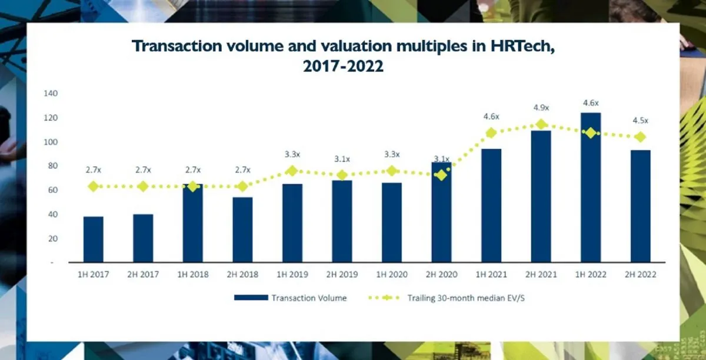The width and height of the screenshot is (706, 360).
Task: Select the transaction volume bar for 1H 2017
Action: (x=93, y=239)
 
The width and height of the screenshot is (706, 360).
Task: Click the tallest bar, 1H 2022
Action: (x=591, y=188)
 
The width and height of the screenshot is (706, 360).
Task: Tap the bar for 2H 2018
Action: (x=242, y=229)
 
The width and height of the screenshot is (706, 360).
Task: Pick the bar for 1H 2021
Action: (x=491, y=205)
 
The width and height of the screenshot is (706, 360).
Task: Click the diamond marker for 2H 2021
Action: (x=541, y=125)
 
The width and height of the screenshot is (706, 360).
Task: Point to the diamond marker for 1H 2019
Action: (x=292, y=171)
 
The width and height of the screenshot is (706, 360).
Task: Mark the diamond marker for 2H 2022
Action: (x=640, y=137)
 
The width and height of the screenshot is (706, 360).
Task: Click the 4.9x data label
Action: (x=541, y=108)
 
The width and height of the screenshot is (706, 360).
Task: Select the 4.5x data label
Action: (x=640, y=121)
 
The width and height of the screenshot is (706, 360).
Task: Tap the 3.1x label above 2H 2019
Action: (x=342, y=159)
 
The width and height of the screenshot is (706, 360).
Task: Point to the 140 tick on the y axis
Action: (x=51, y=94)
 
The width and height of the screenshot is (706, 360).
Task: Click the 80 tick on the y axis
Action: (x=53, y=166)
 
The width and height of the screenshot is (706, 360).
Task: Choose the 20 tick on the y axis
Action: (x=53, y=238)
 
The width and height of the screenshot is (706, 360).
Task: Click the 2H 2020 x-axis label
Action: (x=441, y=274)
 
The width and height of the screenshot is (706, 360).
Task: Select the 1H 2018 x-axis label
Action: (x=192, y=274)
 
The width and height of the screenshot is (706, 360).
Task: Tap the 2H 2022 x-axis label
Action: (x=640, y=274)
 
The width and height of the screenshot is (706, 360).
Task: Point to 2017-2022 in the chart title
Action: (x=343, y=66)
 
